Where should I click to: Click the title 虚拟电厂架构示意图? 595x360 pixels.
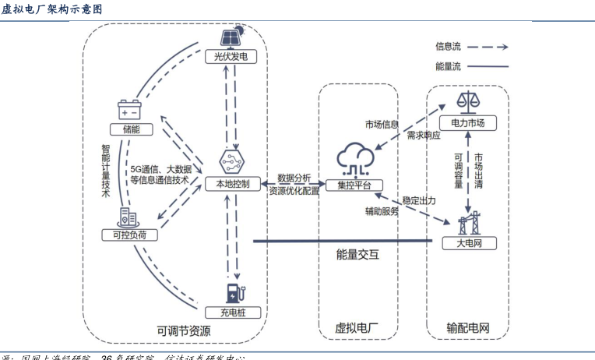click(x=51, y=9)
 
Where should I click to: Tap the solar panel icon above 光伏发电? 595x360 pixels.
click(x=231, y=37)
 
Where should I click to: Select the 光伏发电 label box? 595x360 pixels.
click(x=231, y=58)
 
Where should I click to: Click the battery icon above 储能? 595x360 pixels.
click(x=129, y=109)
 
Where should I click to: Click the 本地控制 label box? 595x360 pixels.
click(x=231, y=184)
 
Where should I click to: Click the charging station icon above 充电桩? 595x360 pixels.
click(x=233, y=292)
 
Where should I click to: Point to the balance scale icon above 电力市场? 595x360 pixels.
click(x=468, y=102)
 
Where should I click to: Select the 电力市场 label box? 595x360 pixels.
click(x=468, y=123)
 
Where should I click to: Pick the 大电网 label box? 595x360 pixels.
click(x=468, y=244)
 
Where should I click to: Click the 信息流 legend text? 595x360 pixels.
click(x=448, y=47)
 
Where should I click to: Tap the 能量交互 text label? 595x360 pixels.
click(x=357, y=253)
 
